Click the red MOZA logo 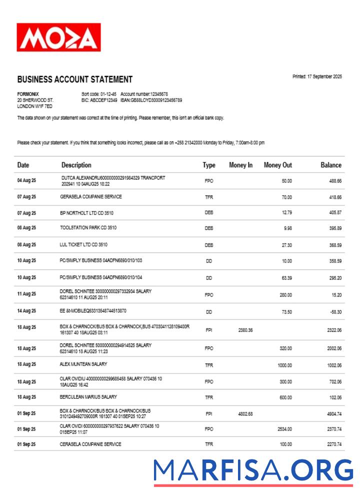[x=58, y=37]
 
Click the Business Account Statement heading [x=75, y=79]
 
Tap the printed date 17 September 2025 [x=317, y=76]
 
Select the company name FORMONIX [x=28, y=94]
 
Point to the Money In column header [x=240, y=165]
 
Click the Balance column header [x=330, y=165]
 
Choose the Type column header [x=209, y=165]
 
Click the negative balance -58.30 [x=335, y=311]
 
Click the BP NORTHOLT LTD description [x=86, y=213]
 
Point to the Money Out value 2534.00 [x=284, y=429]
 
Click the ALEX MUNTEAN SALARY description [x=83, y=364]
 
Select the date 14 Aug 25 [x=26, y=311]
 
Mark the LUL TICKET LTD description [x=83, y=245]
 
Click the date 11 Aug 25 [x=26, y=294]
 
